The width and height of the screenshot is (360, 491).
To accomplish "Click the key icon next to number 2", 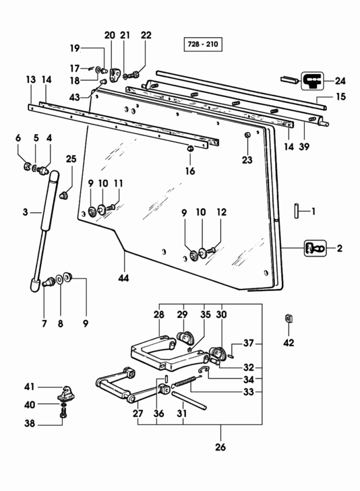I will tap(314, 247).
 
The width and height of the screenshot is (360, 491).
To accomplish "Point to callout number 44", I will tap(125, 277).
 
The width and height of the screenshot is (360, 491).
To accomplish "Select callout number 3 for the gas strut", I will tap(25, 212).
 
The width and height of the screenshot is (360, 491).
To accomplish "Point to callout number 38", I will tap(29, 424).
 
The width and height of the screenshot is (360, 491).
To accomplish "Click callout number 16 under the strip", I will tap(190, 171).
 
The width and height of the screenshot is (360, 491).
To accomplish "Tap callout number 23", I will tap(247, 160).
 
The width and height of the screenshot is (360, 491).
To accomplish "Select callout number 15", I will tap(340, 97).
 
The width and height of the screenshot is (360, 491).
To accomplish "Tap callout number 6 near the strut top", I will tap(18, 138).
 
